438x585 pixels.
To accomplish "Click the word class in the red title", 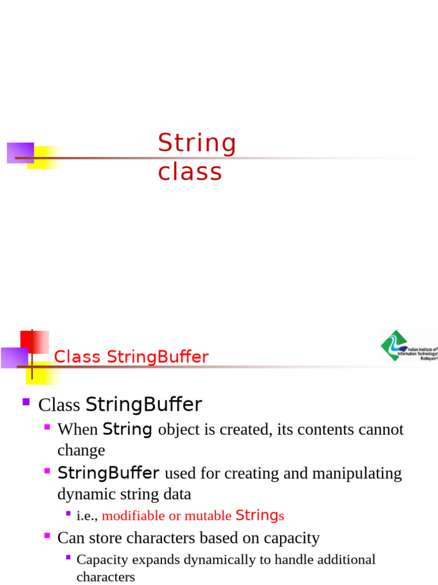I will [x=190, y=172].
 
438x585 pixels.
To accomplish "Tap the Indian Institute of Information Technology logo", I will [x=408, y=346].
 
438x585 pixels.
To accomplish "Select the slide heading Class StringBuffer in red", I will [x=131, y=358].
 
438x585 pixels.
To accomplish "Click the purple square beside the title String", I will [x=20, y=153].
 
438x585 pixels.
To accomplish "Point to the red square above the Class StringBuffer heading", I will [x=34, y=342].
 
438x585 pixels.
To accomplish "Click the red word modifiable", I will [x=133, y=516].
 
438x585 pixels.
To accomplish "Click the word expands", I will [x=149, y=559].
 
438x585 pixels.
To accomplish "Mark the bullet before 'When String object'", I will [x=47, y=427].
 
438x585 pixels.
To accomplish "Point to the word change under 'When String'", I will [x=81, y=451].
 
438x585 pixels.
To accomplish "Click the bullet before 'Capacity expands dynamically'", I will [x=68, y=557].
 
